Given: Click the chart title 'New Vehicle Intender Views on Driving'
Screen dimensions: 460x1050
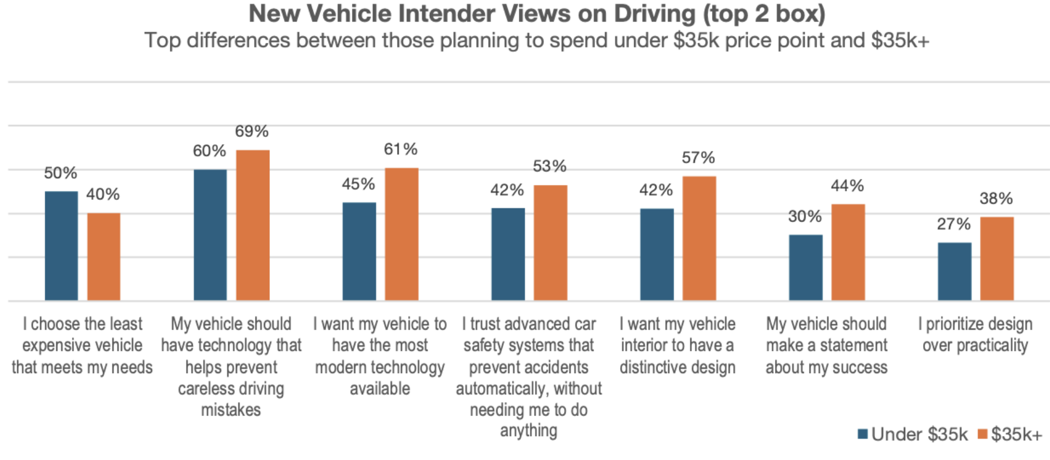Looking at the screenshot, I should [537, 13].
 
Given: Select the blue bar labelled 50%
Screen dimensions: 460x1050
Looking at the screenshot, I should [61, 246].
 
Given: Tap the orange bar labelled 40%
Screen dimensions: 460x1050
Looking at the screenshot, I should [104, 257].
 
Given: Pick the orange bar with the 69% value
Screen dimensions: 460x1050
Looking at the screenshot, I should [253, 225].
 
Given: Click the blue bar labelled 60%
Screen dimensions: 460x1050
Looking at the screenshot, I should [210, 235].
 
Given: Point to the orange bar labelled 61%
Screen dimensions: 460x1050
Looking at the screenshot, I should [401, 234].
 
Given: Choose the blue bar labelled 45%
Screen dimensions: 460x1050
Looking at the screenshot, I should [359, 251].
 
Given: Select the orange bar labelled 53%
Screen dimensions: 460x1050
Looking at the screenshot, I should [551, 243].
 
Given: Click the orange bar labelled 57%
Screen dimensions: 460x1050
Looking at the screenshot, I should [699, 238].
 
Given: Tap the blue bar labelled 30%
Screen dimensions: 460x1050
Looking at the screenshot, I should [806, 267].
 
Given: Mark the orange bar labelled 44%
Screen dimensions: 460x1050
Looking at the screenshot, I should [848, 252].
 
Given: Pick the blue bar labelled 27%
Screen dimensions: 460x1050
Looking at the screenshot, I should [954, 271].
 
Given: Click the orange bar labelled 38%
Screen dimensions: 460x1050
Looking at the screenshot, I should [997, 258].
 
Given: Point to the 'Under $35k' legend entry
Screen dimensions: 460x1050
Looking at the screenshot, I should [913, 434].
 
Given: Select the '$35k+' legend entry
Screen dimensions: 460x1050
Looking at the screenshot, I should [1010, 434].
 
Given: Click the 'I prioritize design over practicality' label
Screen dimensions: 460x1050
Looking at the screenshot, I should [975, 334].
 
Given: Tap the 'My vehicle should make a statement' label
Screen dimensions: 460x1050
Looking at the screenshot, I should [827, 345].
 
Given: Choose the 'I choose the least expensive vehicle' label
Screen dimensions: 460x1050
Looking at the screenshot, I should [82, 345].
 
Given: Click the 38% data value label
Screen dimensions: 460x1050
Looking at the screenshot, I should [996, 198].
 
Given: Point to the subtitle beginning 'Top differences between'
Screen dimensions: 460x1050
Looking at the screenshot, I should [537, 41].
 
